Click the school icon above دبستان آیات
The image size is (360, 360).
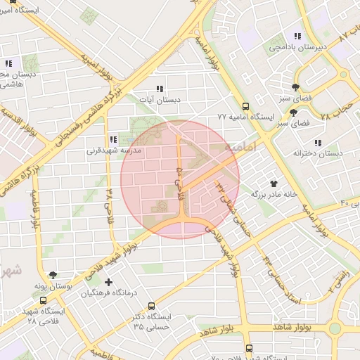click(160, 89)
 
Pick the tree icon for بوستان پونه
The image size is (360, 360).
click(53, 275)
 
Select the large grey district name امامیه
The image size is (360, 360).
click(240, 148)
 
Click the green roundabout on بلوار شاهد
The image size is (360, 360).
click(335, 328)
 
